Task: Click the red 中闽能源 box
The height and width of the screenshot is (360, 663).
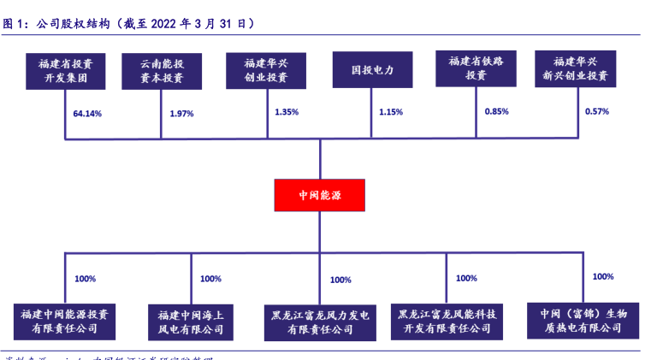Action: tap(319, 195)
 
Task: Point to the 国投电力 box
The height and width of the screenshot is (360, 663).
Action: tap(372, 70)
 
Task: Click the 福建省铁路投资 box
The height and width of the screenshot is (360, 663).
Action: tap(476, 68)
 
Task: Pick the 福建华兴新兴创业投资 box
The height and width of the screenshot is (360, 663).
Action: tap(575, 68)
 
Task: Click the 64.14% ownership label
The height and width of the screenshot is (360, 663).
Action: tap(87, 114)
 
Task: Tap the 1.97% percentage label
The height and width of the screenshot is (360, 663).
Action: tap(182, 114)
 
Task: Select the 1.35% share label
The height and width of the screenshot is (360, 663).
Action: tap(287, 112)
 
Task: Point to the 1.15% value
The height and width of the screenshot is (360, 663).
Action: tap(391, 112)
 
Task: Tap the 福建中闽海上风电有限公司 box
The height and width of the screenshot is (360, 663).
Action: tap(188, 322)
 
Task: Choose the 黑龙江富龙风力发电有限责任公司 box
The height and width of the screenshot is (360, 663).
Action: tap(320, 322)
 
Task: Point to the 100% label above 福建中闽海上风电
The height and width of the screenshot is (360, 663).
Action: tap(210, 279)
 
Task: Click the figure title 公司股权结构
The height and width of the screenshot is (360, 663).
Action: tap(74, 24)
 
